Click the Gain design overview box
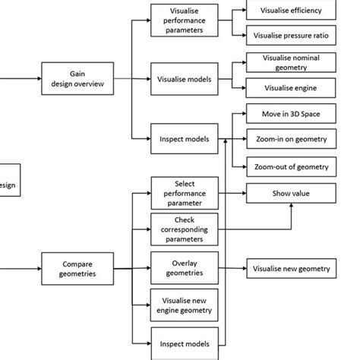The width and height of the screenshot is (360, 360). click(77, 78)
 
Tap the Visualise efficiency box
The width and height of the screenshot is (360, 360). click(291, 11)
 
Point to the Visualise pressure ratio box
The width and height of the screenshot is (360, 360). click(291, 35)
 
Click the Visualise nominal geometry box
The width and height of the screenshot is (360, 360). click(291, 62)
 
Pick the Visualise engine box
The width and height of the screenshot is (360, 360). click(291, 87)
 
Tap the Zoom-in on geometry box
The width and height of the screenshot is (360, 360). click(291, 140)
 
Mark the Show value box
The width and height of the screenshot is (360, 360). click(291, 194)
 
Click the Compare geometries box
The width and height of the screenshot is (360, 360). click(77, 268)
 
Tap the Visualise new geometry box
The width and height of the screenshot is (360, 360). click(291, 269)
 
